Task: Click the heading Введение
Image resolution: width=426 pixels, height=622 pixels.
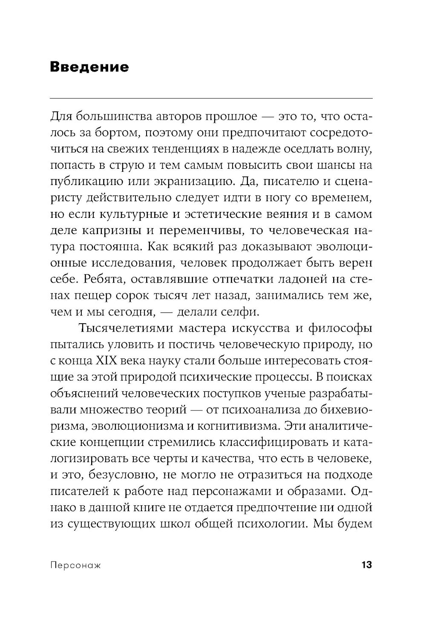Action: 89,67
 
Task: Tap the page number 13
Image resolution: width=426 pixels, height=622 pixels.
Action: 366,565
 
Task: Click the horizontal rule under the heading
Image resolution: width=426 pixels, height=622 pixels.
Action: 211,98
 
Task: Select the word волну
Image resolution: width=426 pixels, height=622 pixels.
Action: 356,149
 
